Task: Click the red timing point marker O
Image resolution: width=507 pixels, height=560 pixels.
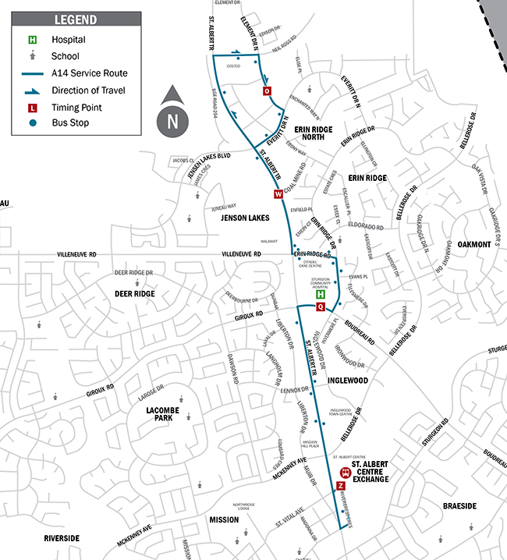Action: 268,91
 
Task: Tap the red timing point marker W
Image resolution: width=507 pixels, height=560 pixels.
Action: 276,194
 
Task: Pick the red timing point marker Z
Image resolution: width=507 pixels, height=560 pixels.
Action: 340,486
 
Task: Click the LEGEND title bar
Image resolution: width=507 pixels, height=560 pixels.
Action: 76,19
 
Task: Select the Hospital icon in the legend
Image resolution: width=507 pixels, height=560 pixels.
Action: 33,39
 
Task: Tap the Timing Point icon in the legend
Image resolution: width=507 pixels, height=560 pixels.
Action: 33,107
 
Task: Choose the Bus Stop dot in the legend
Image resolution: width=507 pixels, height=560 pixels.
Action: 33,123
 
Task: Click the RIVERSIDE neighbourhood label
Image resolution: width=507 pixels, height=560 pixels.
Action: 61,538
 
